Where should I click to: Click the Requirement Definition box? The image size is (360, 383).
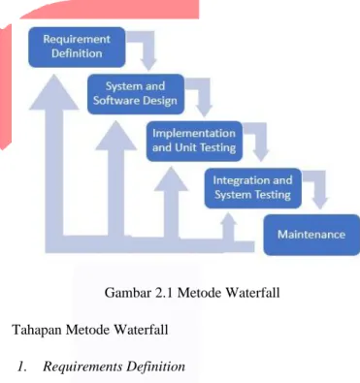coord(77,48)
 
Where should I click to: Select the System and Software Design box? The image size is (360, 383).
coord(136,94)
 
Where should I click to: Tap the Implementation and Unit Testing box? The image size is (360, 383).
coord(194,142)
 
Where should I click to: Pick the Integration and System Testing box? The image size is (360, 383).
coord(253,188)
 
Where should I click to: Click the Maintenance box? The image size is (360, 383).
coord(311,235)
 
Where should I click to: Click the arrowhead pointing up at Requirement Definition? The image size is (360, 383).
coord(54,93)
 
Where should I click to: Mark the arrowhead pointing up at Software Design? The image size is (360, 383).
coord(115,137)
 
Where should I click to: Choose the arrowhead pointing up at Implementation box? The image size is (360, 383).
coord(171,179)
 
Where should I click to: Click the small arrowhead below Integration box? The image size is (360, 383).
coord(229,219)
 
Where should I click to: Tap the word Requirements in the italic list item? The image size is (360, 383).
coord(82,367)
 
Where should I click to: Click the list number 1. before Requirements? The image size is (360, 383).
coord(22,367)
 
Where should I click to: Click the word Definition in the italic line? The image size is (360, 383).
coord(156,367)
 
